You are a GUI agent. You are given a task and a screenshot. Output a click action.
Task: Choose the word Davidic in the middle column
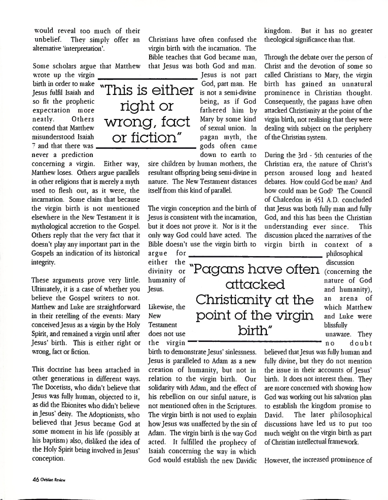(x=242, y=461)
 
